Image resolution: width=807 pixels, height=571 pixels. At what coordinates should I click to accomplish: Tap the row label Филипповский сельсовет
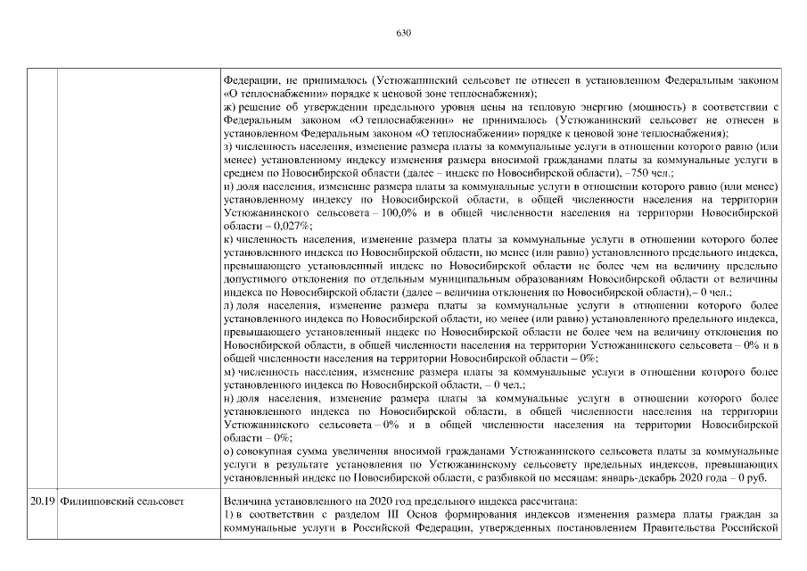tap(121, 501)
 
